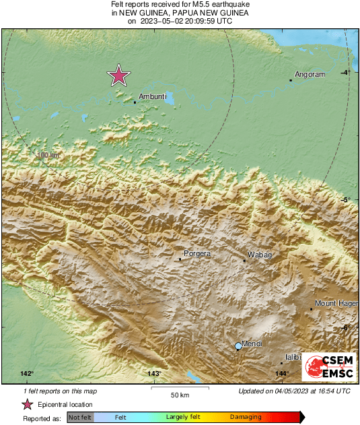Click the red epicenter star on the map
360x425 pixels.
coord(119,76)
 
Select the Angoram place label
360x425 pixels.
coord(310,75)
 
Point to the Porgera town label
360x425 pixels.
coord(197,254)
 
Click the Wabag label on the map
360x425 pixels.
coord(260,255)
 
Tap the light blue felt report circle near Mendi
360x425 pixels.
coord(238,346)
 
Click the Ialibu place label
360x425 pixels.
coord(292,358)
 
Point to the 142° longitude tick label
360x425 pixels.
coord(27,374)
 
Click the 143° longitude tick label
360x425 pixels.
coord(154,374)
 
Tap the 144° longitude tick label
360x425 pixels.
coord(281,374)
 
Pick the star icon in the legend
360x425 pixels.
coord(27,405)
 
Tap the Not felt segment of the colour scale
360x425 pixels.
coord(80,418)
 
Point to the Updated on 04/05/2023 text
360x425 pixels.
coord(294,391)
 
